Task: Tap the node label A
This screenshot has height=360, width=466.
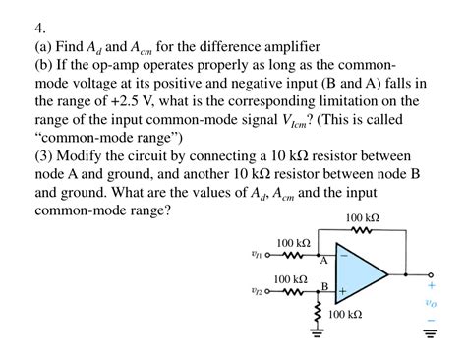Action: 322,263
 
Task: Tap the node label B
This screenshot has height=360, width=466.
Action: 323,285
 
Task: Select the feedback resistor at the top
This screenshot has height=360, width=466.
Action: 361,232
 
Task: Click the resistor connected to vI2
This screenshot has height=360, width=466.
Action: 292,292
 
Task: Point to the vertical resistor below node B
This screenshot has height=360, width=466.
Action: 317,314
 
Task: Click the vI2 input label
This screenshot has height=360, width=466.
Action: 258,292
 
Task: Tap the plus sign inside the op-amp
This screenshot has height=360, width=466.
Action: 343,292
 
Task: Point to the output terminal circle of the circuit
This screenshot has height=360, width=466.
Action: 430,273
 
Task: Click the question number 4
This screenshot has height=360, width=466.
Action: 39,29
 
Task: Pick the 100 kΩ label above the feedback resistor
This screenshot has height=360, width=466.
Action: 362,217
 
